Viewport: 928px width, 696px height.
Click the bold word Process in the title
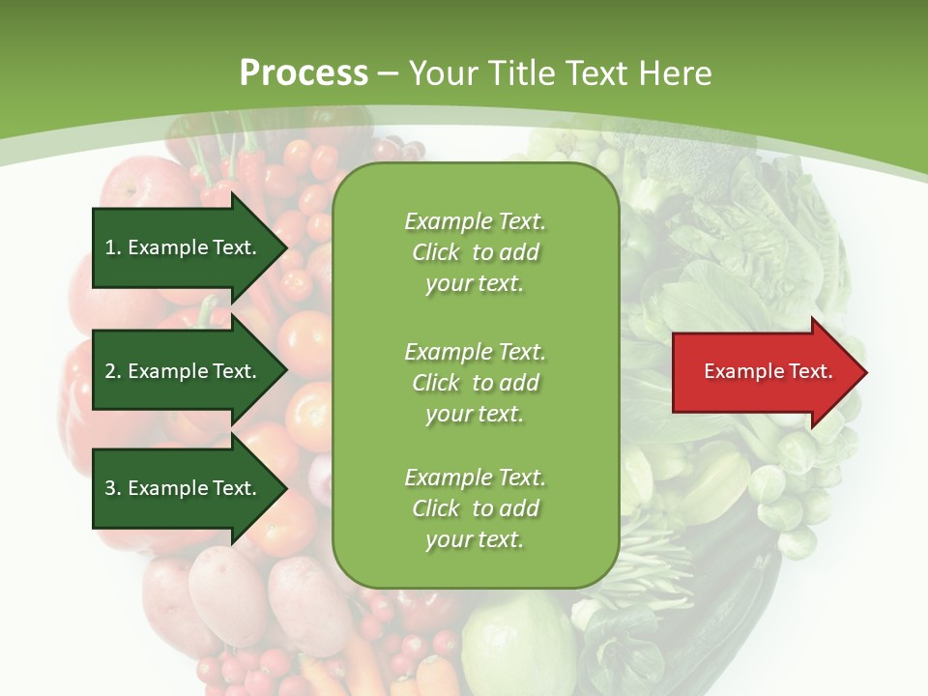(304, 73)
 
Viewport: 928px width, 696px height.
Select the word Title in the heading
(518, 73)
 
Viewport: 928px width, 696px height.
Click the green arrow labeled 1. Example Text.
(184, 247)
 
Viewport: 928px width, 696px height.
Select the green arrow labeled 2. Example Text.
(184, 371)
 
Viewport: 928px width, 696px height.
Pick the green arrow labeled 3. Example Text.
(184, 488)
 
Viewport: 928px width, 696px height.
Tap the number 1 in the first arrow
(110, 248)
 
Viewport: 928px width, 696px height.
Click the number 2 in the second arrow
(110, 371)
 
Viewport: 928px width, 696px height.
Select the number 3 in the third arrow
(110, 488)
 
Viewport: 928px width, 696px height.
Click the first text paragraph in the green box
(475, 252)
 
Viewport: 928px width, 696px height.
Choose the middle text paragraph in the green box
(475, 383)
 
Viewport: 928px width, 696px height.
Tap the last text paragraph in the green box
(475, 508)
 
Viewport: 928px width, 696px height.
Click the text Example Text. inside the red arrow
(768, 371)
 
